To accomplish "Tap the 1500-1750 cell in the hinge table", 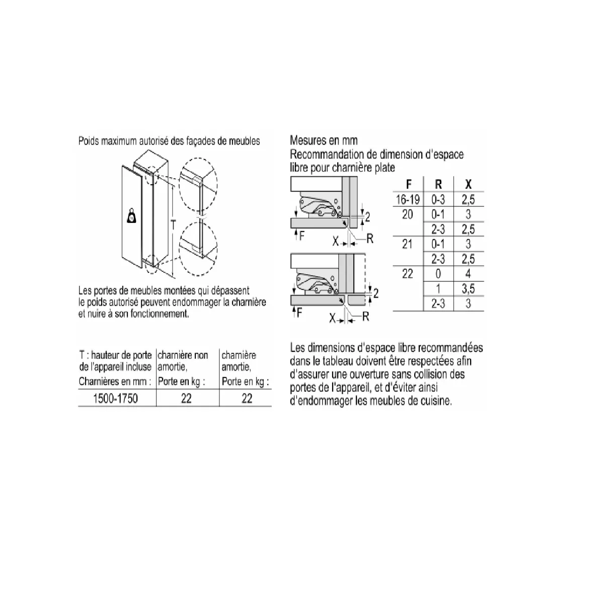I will click(x=115, y=399).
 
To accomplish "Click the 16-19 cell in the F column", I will click(x=408, y=199).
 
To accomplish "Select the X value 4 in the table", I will click(x=468, y=274).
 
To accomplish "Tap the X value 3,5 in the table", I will click(x=468, y=289).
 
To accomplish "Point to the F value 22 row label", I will click(x=408, y=274).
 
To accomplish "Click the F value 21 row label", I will click(x=408, y=244).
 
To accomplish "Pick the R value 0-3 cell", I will click(x=438, y=199).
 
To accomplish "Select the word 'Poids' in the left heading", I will click(x=89, y=141).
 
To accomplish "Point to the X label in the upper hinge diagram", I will click(x=336, y=241).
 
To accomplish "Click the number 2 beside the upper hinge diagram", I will click(x=368, y=217).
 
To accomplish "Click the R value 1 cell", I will click(x=438, y=289).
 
